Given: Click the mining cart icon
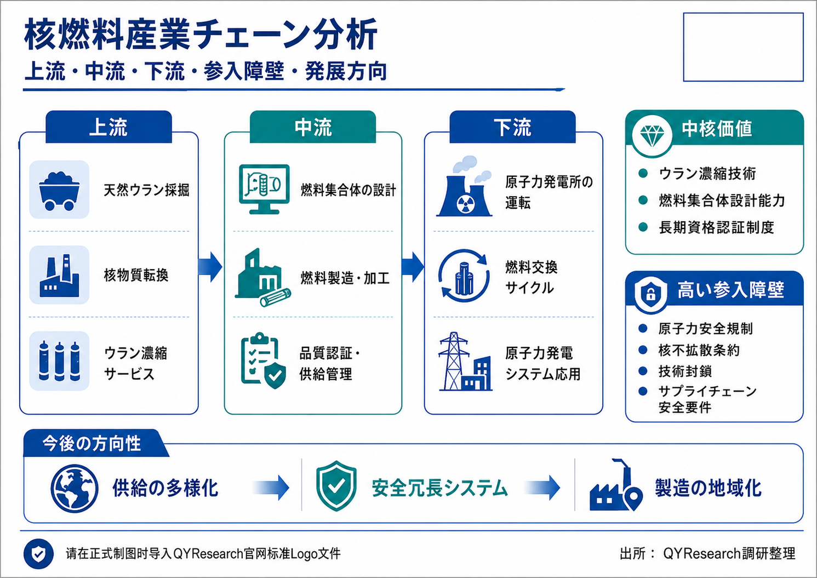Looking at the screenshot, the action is [x=59, y=191].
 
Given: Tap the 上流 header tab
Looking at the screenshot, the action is [x=108, y=127].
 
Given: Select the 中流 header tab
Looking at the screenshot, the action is [x=313, y=127].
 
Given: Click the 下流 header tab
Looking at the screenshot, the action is [x=512, y=127].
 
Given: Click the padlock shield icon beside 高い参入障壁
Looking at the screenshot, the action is [x=651, y=294].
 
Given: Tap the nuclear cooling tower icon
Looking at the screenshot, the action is [x=464, y=187].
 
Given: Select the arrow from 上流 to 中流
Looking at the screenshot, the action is [x=210, y=267].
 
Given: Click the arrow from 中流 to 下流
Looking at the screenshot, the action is [x=413, y=267].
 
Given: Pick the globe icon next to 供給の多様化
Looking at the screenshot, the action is [x=75, y=488].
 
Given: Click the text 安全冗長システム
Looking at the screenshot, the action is [x=439, y=488].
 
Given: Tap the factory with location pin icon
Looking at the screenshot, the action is [x=616, y=485].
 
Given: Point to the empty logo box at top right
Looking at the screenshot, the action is [x=744, y=47].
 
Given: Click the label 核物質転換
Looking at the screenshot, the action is [x=136, y=275].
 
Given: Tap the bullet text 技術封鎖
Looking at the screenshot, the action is [x=685, y=371].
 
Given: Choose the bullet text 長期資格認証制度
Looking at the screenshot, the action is [x=716, y=227].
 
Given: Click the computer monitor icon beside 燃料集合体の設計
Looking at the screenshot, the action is [x=265, y=189].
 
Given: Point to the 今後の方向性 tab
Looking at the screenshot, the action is [x=92, y=443].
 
